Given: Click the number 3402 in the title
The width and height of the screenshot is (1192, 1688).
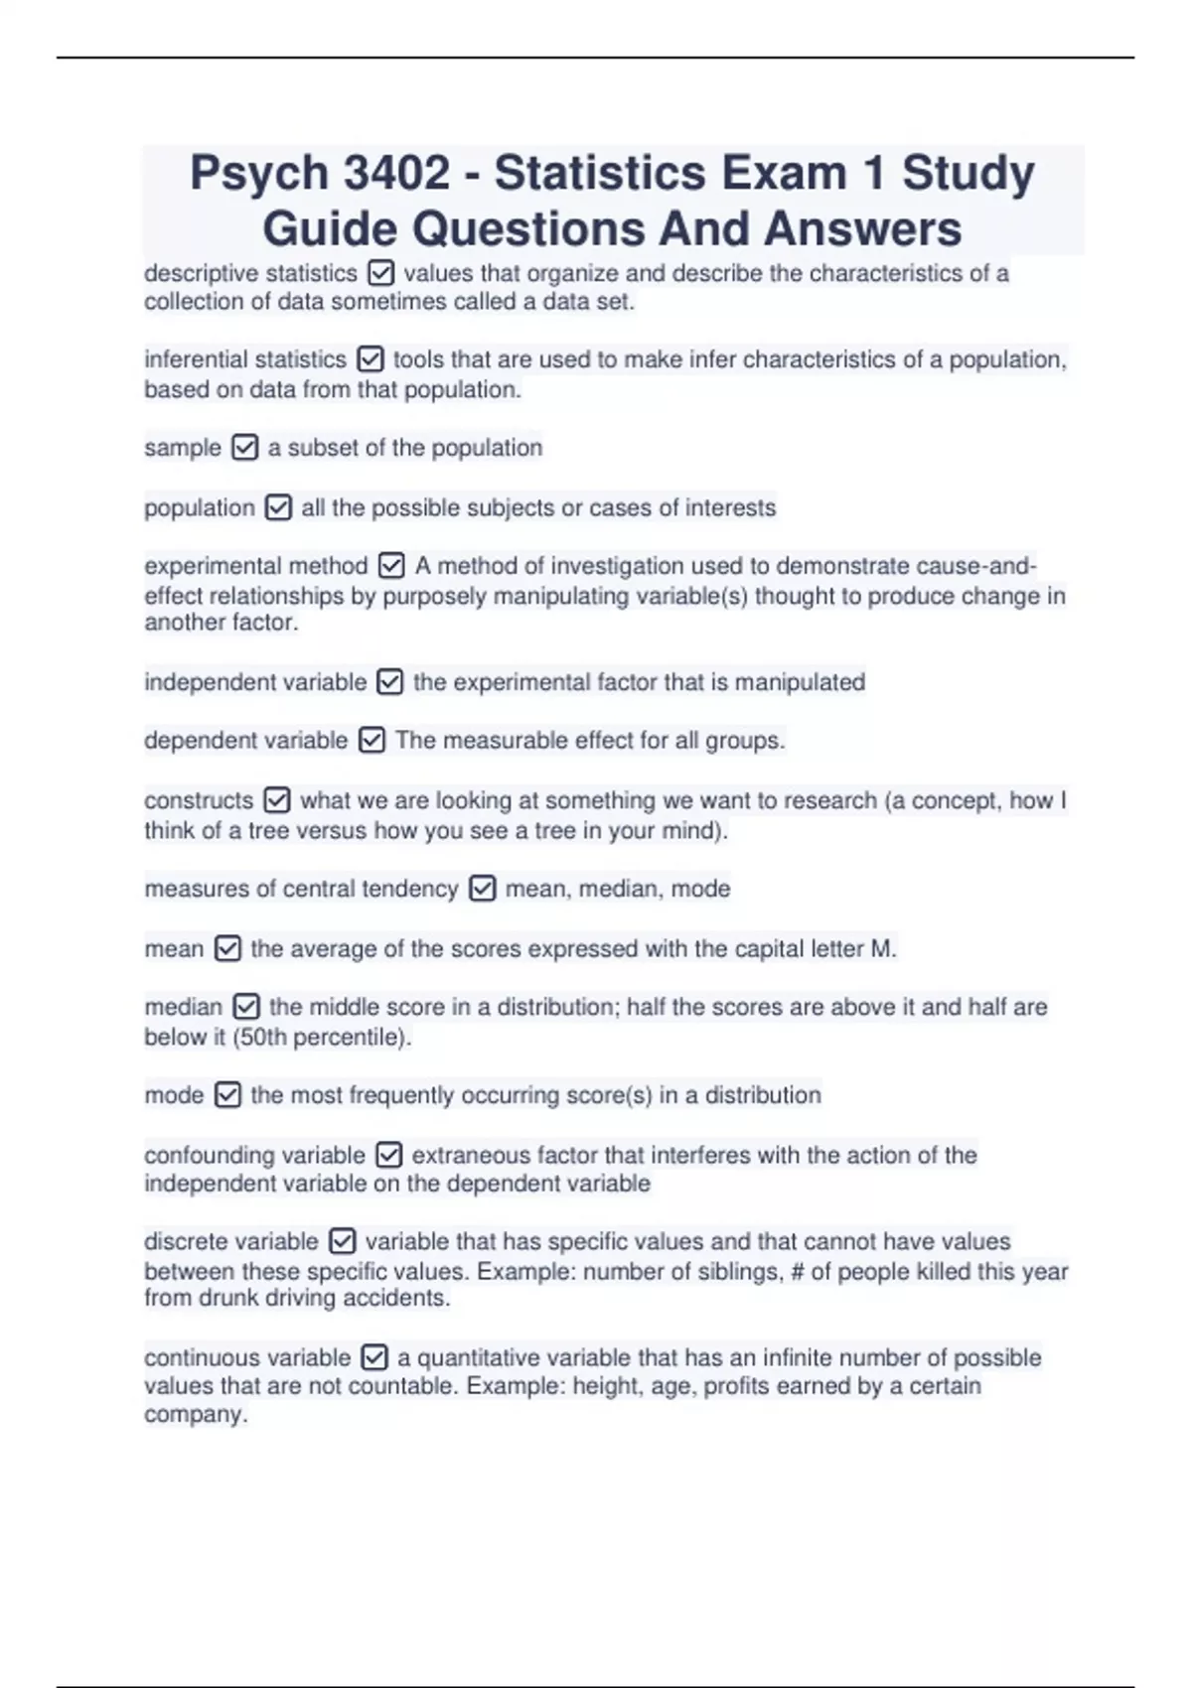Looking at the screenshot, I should coord(395,173).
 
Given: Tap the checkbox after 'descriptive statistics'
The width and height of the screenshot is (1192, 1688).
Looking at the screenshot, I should coord(380,273).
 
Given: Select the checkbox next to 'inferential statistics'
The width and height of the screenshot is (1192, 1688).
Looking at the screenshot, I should coord(370,359).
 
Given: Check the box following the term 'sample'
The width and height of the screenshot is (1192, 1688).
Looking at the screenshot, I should coord(244,448).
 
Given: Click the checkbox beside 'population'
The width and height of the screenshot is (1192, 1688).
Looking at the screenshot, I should coord(278,508).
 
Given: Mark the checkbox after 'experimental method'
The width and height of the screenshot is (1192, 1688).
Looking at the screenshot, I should coord(391,566).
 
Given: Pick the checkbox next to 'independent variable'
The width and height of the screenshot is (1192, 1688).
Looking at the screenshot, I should coord(390,683).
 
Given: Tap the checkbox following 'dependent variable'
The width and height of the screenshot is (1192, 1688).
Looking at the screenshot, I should coord(372,741).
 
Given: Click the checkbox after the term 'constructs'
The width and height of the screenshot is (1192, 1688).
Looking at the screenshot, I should coord(277,800).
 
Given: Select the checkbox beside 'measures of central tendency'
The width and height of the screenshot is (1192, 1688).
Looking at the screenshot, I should coord(482,889).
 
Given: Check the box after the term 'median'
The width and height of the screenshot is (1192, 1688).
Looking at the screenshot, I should coord(246,1007).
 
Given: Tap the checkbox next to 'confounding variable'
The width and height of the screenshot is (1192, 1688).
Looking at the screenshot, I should coord(388,1155).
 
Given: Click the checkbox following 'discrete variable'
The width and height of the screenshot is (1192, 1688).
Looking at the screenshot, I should coord(342,1241).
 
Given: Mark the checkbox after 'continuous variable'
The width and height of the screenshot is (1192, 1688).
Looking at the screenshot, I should coord(374,1357).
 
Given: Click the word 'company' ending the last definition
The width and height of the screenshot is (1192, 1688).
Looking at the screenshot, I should coord(193,1415).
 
